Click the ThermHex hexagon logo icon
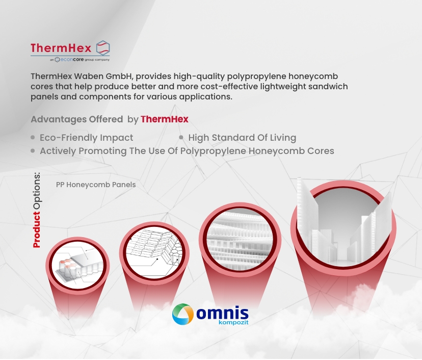pos(103,48)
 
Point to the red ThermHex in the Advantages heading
pos(165,119)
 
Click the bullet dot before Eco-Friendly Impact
pos(33,137)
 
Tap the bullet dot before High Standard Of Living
pos(181,137)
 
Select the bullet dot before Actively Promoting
pos(33,151)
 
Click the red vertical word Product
pos(37,229)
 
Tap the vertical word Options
pos(37,191)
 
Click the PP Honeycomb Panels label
pos(96,185)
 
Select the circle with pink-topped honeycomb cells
pos(77,265)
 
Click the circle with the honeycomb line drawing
pos(154,252)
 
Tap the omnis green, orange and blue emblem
pos(183,314)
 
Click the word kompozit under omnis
pos(233,322)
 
